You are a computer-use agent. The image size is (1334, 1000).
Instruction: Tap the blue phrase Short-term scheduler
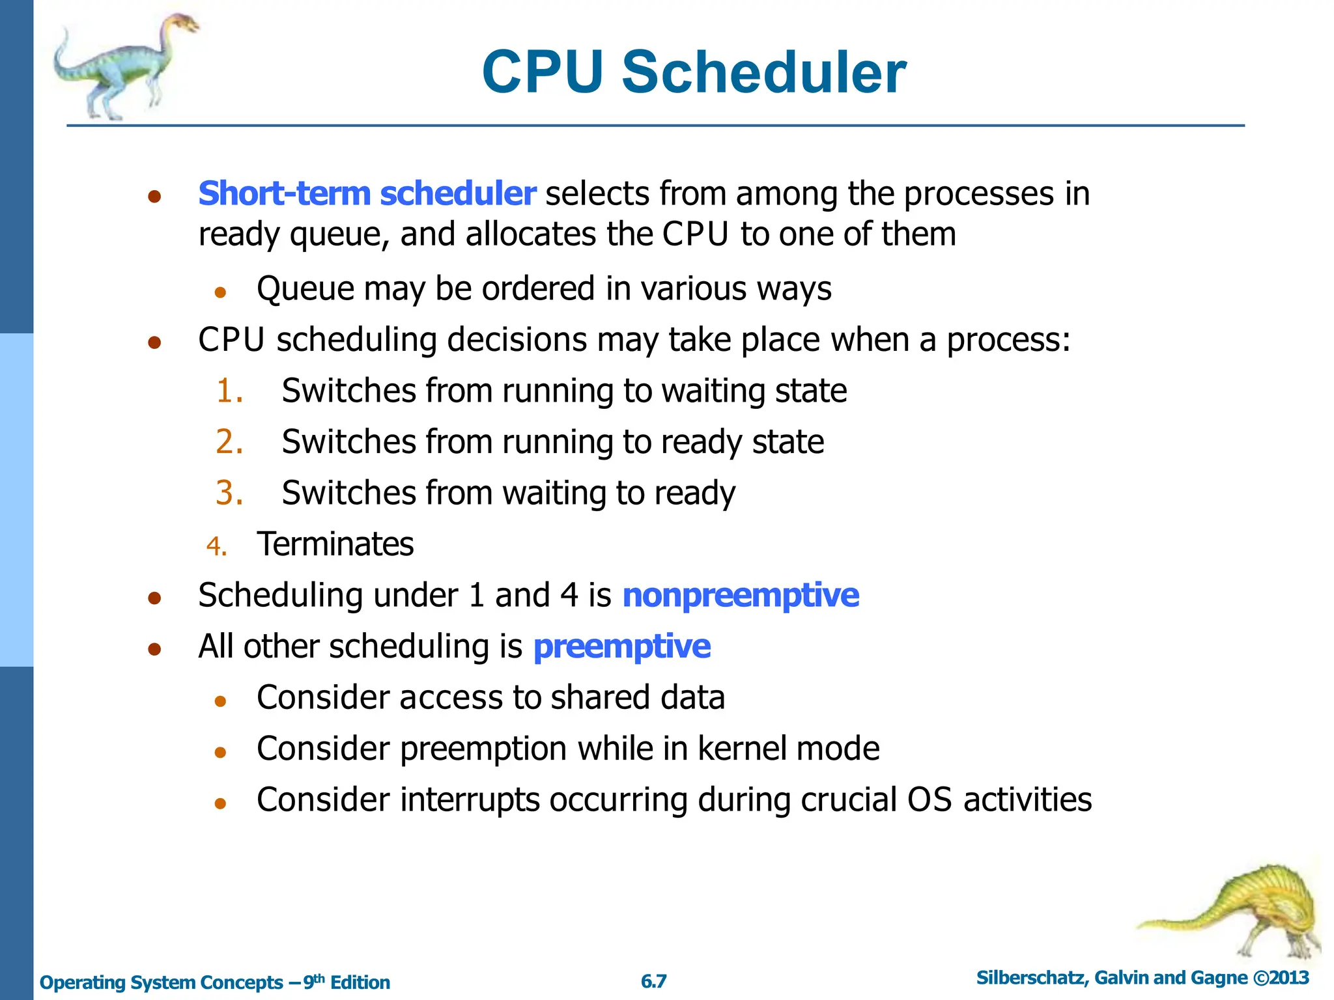[x=367, y=193]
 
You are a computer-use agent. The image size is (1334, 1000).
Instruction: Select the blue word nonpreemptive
[x=741, y=595]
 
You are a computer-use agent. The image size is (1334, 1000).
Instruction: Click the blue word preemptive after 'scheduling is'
[x=621, y=646]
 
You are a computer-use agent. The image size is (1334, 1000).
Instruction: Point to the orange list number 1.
[x=229, y=391]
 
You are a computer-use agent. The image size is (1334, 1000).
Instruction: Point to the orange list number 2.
[x=229, y=442]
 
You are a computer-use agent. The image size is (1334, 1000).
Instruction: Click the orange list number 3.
[x=229, y=493]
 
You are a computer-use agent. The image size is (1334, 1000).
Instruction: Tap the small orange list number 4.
[x=216, y=546]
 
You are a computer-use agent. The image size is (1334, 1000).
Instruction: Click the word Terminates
[x=335, y=544]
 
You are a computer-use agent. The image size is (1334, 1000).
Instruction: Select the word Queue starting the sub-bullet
[x=305, y=289]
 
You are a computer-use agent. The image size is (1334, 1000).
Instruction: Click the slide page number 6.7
[x=653, y=981]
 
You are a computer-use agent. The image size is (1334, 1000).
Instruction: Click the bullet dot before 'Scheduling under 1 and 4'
[x=154, y=598]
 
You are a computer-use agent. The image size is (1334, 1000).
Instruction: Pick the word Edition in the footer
[x=360, y=982]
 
